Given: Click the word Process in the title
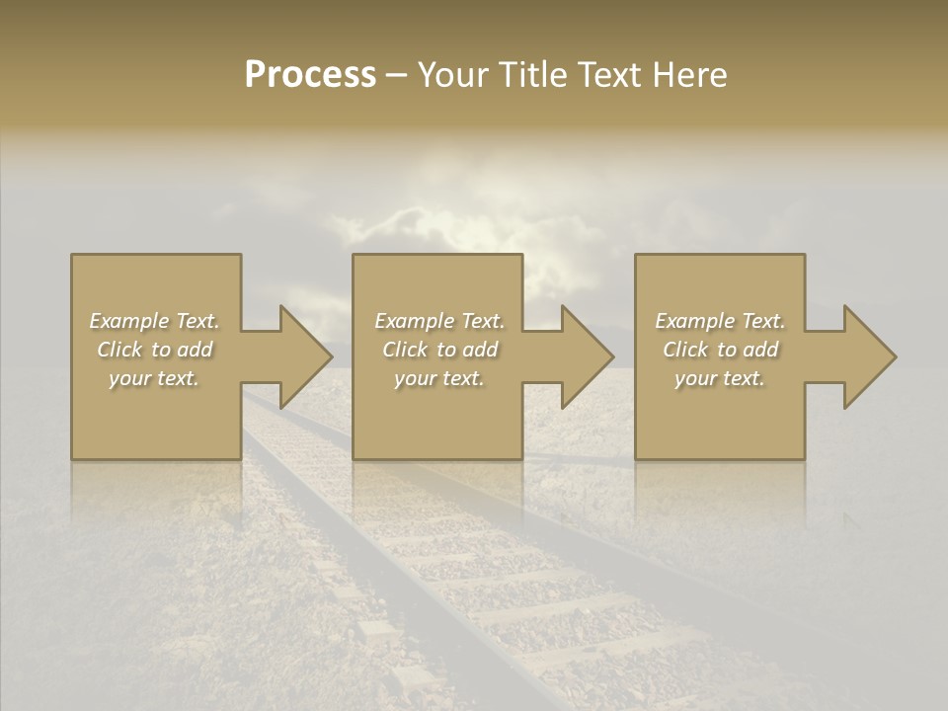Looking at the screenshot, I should [x=310, y=75].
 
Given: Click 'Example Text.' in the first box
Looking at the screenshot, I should [x=154, y=321].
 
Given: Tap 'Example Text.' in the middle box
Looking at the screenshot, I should [x=438, y=321].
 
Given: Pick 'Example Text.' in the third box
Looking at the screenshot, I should [x=720, y=321].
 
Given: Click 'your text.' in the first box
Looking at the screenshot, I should [x=154, y=378].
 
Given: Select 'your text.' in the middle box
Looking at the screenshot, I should [x=438, y=378].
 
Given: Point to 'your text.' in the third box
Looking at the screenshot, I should [x=720, y=378].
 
